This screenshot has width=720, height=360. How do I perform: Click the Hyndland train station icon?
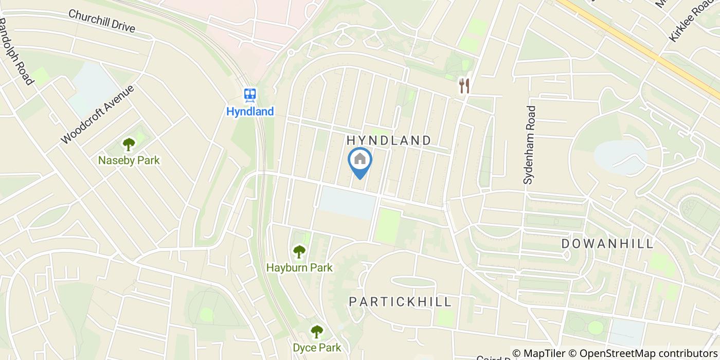[250, 95]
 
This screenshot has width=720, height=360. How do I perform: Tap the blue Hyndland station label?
[250, 111]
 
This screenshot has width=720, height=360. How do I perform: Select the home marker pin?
[360, 160]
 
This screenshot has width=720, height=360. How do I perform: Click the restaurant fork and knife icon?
[464, 86]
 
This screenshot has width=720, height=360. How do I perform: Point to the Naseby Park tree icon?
[129, 145]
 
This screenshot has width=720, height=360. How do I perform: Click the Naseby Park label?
[129, 160]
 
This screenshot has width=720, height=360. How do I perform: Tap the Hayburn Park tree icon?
[299, 252]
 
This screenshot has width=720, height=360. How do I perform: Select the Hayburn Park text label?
[299, 268]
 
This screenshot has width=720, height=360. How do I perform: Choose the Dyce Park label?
[317, 348]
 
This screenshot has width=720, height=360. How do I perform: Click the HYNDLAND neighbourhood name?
[388, 140]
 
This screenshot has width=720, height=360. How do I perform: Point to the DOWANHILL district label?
[607, 244]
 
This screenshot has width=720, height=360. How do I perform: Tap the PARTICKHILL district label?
[400, 302]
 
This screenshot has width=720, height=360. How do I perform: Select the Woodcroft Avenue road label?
[98, 114]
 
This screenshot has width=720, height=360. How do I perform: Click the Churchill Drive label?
[101, 21]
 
